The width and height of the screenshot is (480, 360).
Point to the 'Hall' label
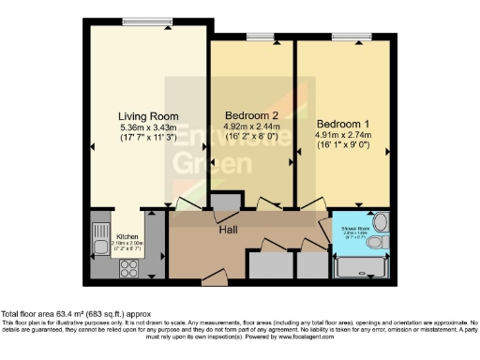coord(229,230)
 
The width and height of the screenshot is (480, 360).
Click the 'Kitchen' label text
coord(127,238)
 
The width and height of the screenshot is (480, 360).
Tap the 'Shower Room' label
coord(355,226)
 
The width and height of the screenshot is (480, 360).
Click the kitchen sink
coord(100,247)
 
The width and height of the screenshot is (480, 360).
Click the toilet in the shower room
coord(375,244)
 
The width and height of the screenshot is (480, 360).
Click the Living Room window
coord(147,22)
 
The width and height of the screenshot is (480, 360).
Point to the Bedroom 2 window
coord(256,37)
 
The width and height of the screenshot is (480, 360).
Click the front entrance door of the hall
coord(214,278)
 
